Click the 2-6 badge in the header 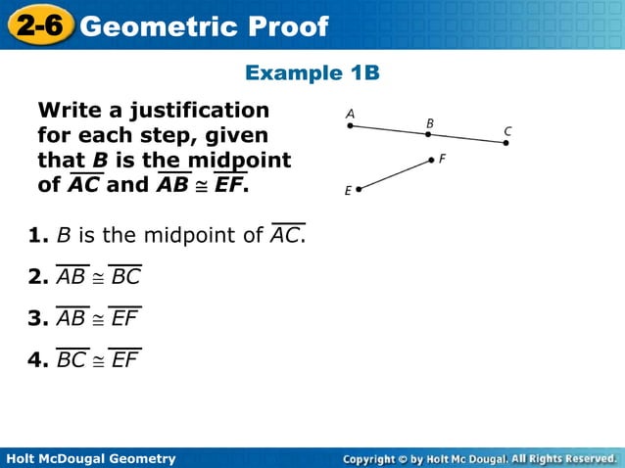[38, 25]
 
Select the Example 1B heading [312, 73]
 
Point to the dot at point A [351, 125]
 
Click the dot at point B [428, 134]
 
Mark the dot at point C [505, 143]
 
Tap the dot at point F [430, 159]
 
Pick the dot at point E [360, 189]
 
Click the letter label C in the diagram [508, 130]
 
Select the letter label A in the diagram [350, 114]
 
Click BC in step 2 [125, 277]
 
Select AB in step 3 [72, 318]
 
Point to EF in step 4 [124, 360]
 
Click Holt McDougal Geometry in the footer [90, 458]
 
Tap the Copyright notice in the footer [479, 458]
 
